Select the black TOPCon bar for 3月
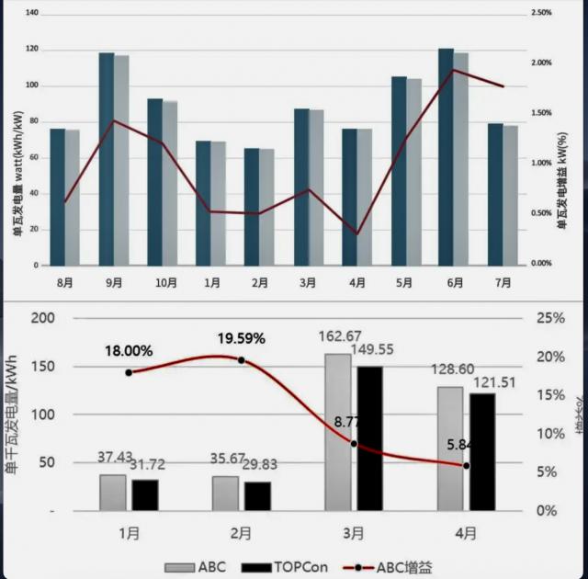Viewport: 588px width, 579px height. coord(370,438)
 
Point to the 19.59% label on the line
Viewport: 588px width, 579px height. coord(242,338)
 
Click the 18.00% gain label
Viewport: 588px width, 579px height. coord(129,351)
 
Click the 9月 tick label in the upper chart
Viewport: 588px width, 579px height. coord(114,282)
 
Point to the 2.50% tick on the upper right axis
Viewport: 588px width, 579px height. coord(541,13)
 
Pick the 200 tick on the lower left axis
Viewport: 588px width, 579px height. coord(45,318)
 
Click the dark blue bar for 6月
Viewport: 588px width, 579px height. coord(446,156)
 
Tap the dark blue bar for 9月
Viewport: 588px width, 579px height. coord(107,159)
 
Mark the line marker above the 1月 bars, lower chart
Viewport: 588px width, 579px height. coord(129,372)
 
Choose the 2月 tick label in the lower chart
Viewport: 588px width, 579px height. coord(241,533)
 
